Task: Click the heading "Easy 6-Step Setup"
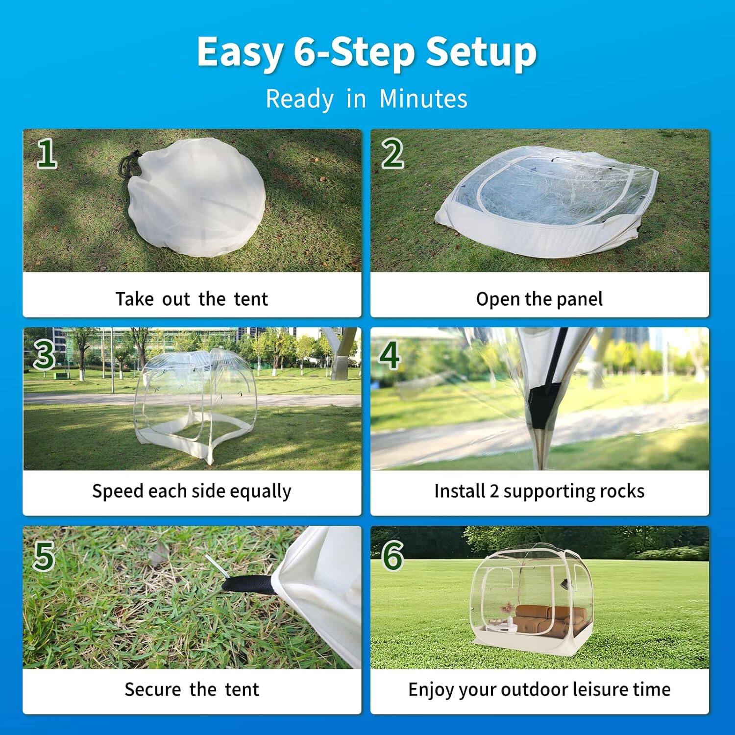pos(367,52)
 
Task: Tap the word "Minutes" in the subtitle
pos(423,98)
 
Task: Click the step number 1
pos(47,153)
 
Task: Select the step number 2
pos(392,153)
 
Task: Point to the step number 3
pos(44,355)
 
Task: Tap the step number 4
pos(390,355)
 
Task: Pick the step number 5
pos(44,556)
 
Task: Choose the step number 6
pos(392,556)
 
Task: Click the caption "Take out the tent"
pos(192,299)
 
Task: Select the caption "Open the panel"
pos(539,299)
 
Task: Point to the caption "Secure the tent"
pos(192,689)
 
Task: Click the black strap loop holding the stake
pos(247,584)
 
